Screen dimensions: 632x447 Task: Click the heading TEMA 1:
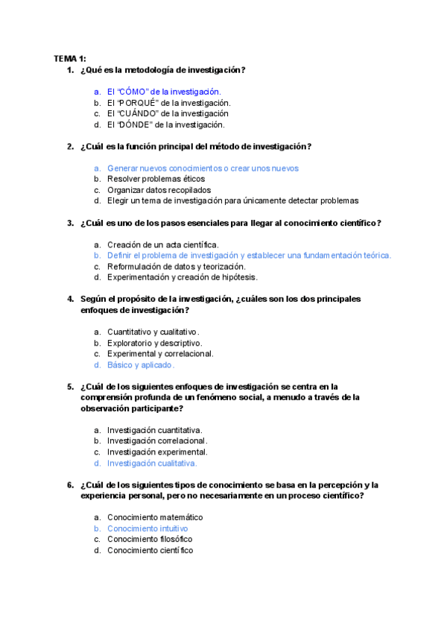(x=70, y=58)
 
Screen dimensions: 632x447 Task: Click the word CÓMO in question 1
(x=135, y=92)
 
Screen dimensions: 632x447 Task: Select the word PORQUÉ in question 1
(x=139, y=103)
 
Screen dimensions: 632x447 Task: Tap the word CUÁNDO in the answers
(x=139, y=113)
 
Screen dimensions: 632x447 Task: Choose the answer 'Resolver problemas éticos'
(x=156, y=179)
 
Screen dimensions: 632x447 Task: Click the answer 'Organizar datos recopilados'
(x=159, y=190)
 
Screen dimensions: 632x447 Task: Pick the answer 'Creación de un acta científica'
(x=162, y=244)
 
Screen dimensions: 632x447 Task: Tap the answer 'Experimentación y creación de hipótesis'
(x=182, y=277)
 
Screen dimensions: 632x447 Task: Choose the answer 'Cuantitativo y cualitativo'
(x=153, y=332)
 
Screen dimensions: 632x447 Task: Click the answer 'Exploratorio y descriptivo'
(x=154, y=343)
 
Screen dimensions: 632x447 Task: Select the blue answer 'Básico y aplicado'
(x=140, y=365)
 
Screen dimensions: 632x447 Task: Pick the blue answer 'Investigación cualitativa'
(x=152, y=463)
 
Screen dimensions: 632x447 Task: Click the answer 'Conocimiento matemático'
(x=155, y=517)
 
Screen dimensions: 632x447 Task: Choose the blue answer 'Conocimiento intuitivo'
(x=148, y=528)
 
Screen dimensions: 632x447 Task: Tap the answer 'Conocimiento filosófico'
(x=150, y=539)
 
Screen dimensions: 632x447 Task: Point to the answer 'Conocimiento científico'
(x=150, y=550)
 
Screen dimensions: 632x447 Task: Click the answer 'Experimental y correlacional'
(x=160, y=354)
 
